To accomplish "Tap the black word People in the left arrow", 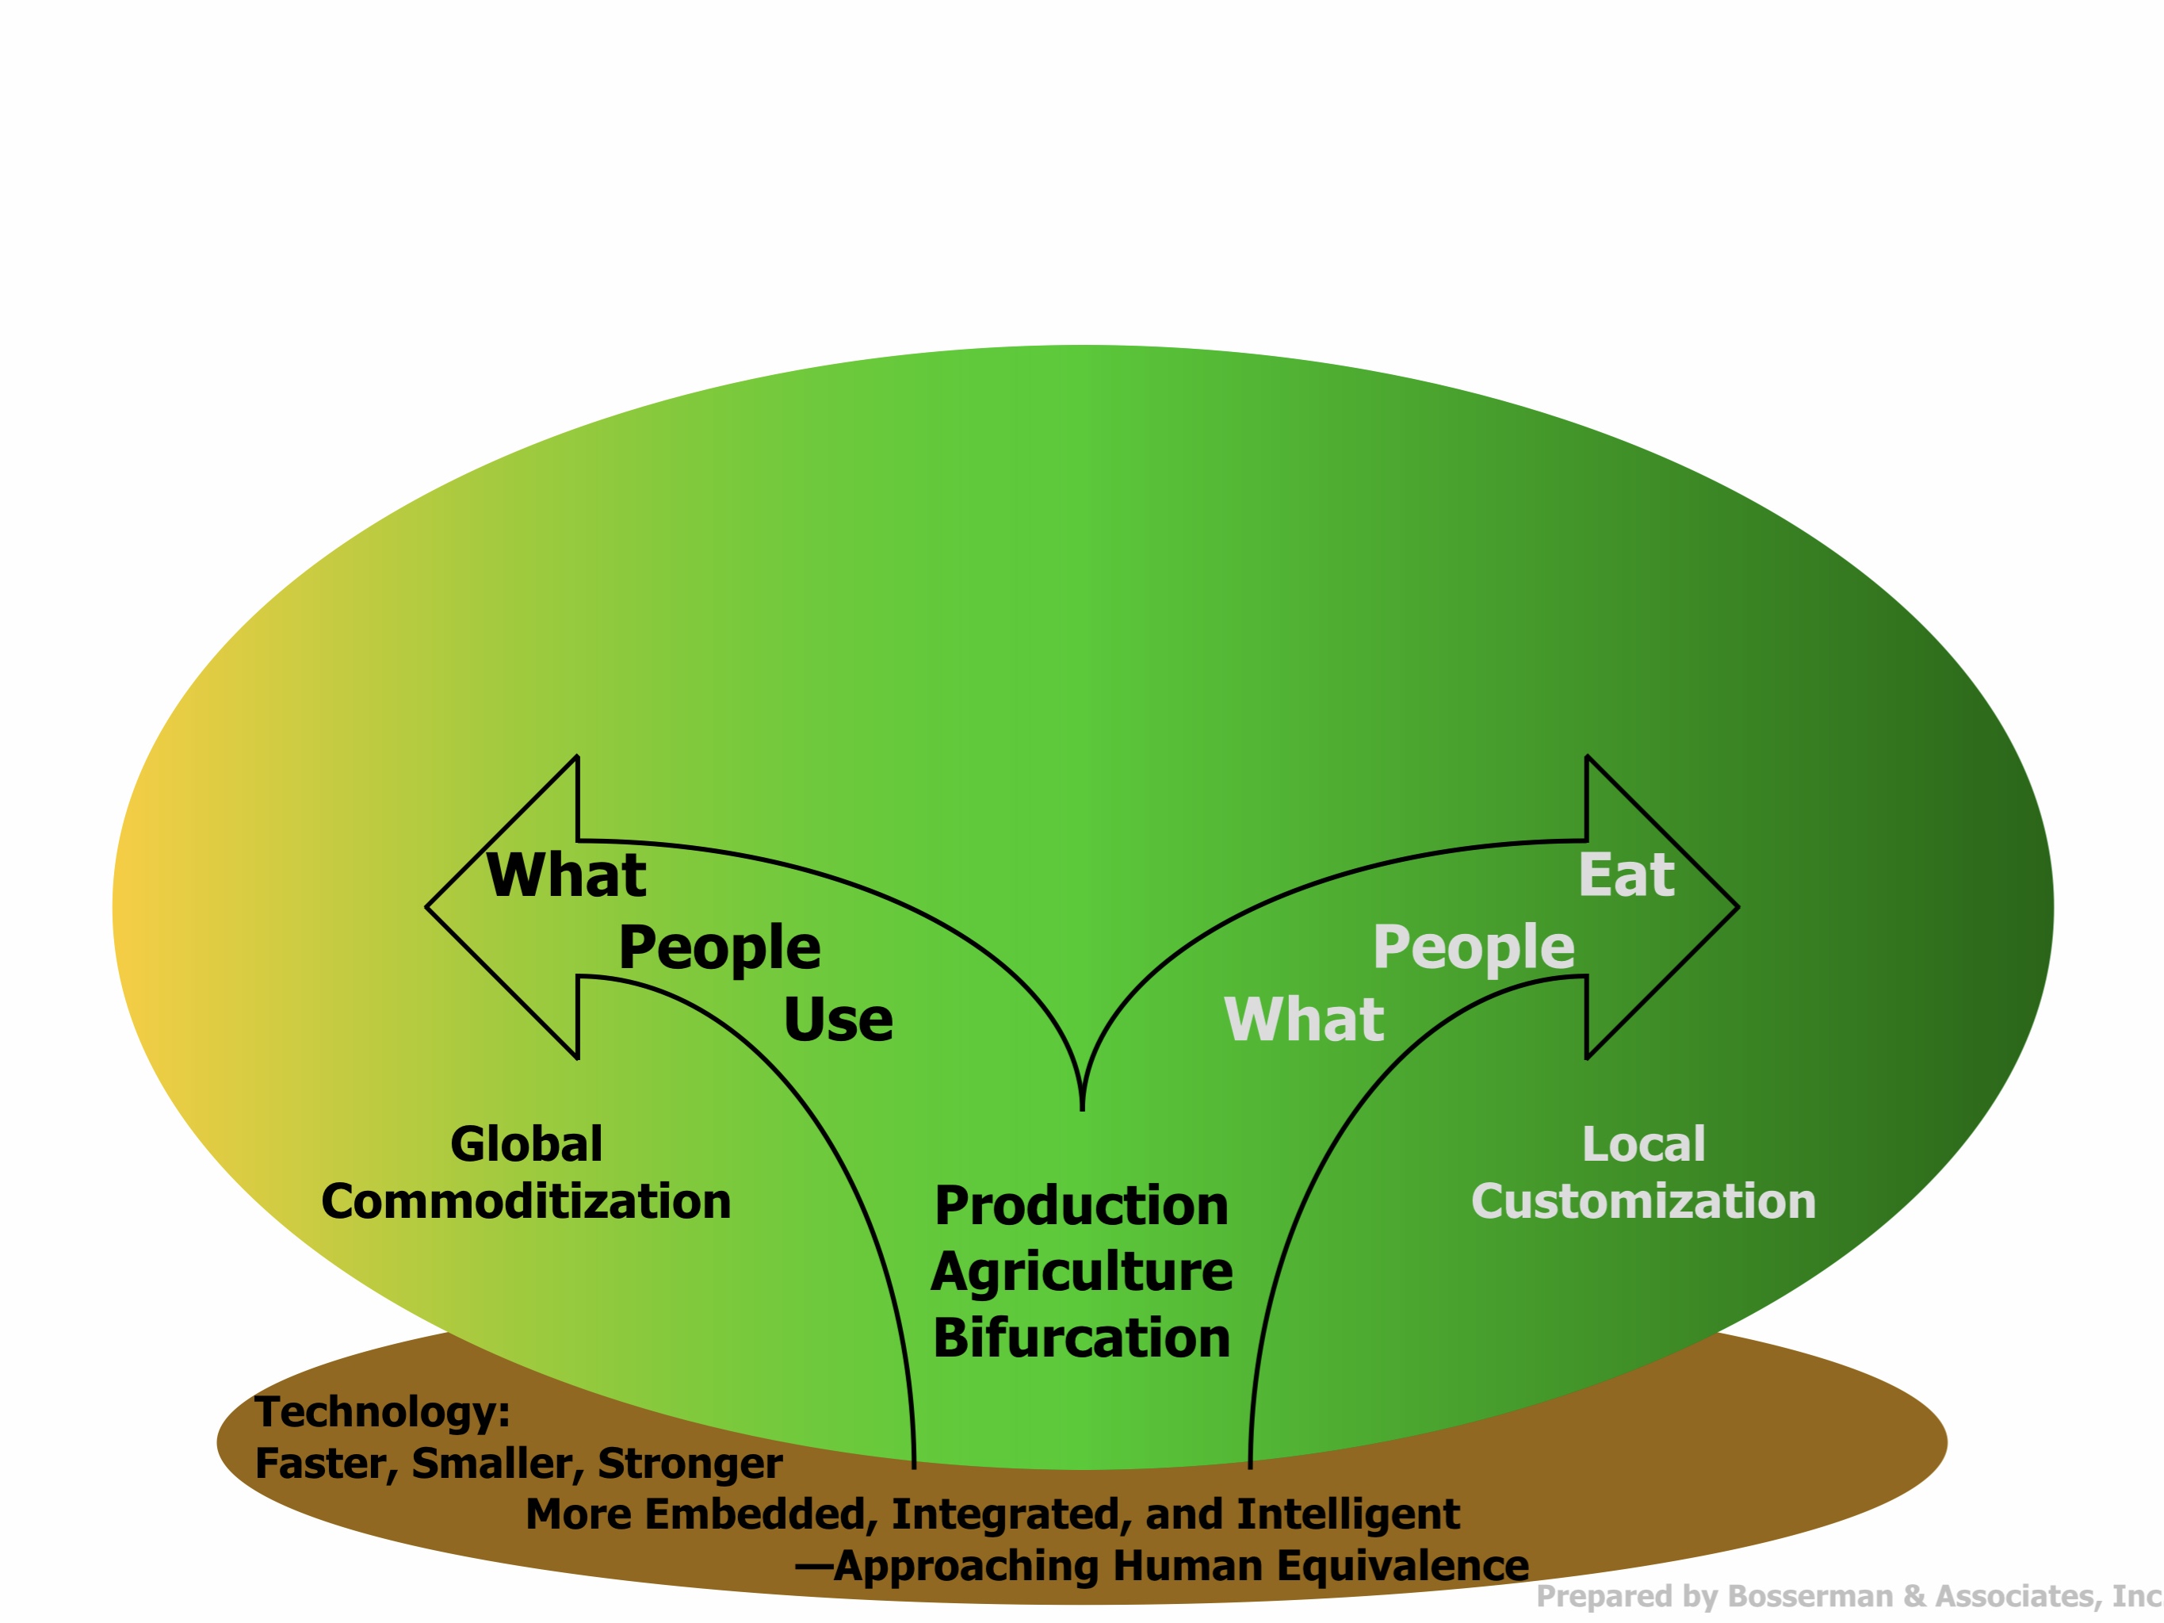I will coord(719,948).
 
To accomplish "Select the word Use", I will coord(837,1020).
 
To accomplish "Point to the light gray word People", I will coord(1474,948).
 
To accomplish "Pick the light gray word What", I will coord(1304,1020).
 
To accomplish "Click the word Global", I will coord(526,1145).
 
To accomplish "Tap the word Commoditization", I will coord(526,1202).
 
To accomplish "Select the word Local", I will coord(1643,1145).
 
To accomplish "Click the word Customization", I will coord(1643,1202).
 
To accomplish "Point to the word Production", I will coord(1081,1206).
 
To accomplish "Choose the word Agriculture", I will coord(1081,1272).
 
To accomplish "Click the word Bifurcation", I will coord(1081,1338).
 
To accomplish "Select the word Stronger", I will coord(690,1464).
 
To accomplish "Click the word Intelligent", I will coord(1348,1514).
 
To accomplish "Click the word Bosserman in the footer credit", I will coord(1810,1597).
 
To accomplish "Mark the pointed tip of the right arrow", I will coord(1737,907).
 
